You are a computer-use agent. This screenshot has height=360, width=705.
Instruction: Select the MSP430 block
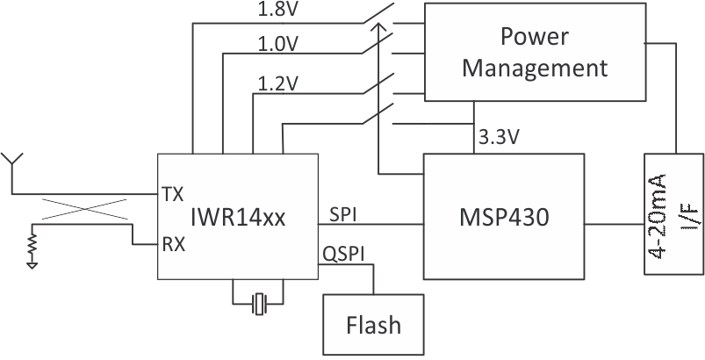pos(504,217)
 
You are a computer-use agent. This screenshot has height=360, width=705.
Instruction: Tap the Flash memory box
pos(373,325)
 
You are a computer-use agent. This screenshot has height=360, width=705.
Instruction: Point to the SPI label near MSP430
pos(343,213)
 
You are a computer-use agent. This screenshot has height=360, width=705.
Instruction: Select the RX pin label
pos(174,245)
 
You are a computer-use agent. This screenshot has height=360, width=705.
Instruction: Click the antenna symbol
pos(11,162)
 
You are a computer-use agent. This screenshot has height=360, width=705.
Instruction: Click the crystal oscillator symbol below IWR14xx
pos(257,304)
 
